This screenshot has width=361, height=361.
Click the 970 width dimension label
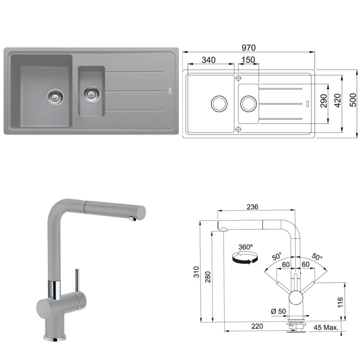248,48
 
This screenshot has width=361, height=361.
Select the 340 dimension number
208,60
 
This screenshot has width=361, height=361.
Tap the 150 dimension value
248,60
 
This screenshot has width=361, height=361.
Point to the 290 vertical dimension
323,101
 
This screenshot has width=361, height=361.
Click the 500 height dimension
353,100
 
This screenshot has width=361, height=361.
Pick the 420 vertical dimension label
338,101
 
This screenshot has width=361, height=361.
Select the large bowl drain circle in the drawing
219,104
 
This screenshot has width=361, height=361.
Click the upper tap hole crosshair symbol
238,78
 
